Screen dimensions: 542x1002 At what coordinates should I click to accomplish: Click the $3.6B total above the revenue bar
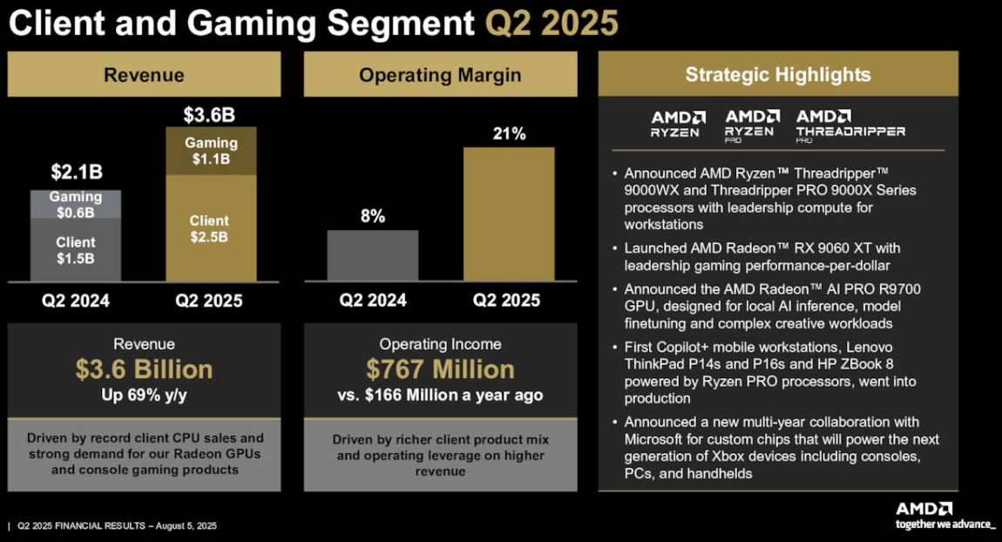pos(210,115)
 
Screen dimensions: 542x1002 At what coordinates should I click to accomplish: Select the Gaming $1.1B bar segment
pos(211,151)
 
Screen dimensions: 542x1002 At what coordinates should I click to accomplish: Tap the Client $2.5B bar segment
pos(210,228)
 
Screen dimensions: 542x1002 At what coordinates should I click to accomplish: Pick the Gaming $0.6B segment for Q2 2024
pos(76,204)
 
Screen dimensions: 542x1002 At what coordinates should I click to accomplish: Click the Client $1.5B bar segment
pos(76,249)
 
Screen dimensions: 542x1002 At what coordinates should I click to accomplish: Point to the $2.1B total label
pos(76,172)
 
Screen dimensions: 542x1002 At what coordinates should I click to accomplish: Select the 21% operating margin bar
pos(508,213)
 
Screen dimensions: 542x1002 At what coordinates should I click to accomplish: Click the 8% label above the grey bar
pos(373,216)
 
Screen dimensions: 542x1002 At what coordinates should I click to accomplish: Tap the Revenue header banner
pos(145,75)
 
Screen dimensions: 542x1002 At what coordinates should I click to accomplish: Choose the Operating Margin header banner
pos(440,75)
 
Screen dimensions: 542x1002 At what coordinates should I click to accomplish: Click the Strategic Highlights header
pos(778,74)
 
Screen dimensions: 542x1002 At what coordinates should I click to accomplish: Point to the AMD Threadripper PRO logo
pos(850,125)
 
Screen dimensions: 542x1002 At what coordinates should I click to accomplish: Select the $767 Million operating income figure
pos(440,369)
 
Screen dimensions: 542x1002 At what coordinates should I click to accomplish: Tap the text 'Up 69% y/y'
pos(145,395)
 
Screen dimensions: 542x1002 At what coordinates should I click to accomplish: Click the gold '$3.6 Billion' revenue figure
pos(145,369)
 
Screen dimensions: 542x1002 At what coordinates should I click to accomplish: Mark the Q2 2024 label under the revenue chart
pos(76,301)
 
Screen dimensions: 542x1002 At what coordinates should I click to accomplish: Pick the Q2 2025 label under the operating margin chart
pos(506,301)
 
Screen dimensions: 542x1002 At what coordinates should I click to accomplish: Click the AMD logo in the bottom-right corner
pos(924,508)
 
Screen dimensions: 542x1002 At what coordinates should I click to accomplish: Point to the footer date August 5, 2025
pos(186,526)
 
